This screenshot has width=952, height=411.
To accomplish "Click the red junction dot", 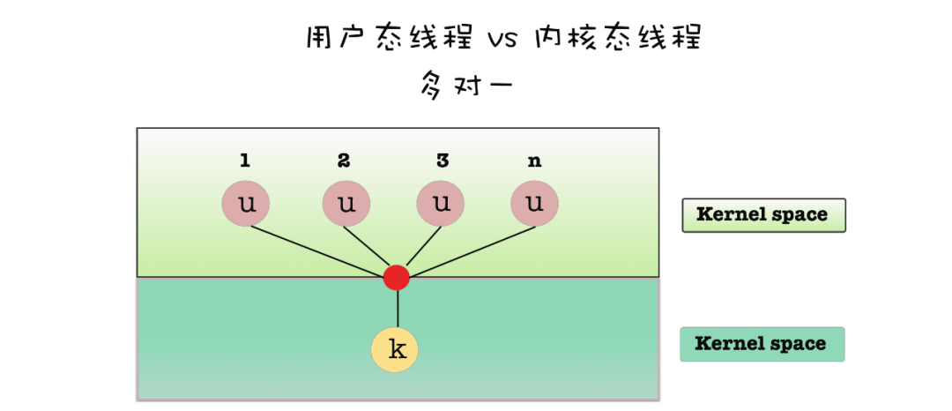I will point(397,277).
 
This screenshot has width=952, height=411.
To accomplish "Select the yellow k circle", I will point(394,349).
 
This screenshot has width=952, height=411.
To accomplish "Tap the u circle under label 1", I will point(245,204).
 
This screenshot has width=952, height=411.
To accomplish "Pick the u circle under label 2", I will point(346,204).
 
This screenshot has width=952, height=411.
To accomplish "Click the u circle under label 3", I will point(441,204).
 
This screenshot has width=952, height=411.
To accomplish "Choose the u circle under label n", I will point(534,204).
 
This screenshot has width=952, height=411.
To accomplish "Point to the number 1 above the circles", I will point(245,161).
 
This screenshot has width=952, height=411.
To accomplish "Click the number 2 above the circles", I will point(344,161).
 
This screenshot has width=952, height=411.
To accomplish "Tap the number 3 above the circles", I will point(442,161).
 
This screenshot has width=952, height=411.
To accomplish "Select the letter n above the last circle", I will point(534,162).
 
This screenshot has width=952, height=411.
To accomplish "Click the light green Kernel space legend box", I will point(763,214).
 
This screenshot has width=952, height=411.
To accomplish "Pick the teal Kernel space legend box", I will point(762,344).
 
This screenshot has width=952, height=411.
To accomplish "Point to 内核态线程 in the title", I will point(617,38).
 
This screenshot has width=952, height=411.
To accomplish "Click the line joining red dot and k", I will point(398,309).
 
